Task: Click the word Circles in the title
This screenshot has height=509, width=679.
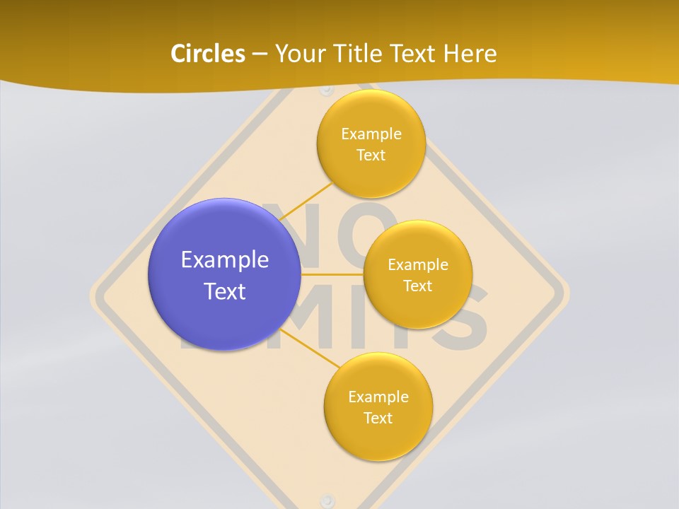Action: coord(207,54)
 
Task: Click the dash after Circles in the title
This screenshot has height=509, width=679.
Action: coord(259,54)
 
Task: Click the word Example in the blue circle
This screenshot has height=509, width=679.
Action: coord(225,259)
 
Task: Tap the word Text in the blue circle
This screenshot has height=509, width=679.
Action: coord(225,291)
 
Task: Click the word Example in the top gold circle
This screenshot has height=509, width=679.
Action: coord(371,134)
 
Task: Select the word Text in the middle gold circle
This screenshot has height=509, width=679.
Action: coord(417,286)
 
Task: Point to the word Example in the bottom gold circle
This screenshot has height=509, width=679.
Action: coord(378,397)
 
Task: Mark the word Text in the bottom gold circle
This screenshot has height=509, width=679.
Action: coord(378,418)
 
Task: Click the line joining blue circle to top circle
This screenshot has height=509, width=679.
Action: coord(307,201)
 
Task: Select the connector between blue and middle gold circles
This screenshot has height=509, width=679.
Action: coord(332,274)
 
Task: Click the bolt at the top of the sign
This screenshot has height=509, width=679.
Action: coord(326,90)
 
